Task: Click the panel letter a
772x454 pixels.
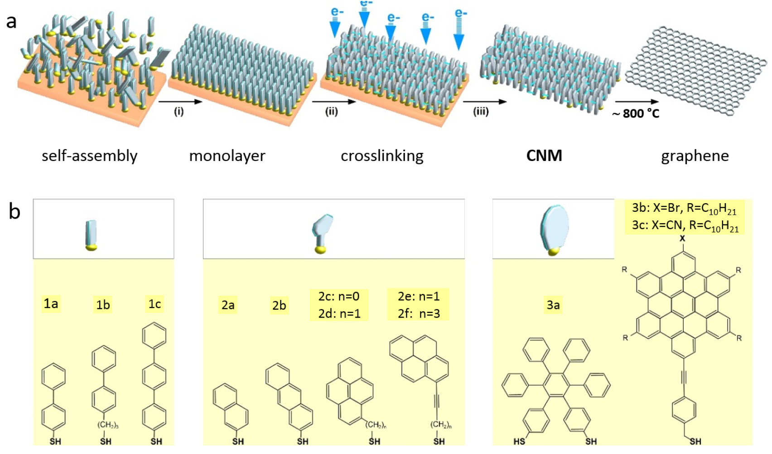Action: [x=11, y=21]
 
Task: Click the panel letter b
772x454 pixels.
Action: [x=14, y=211]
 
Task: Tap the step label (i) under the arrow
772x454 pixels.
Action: [x=179, y=112]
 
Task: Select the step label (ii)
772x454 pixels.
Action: [x=331, y=112]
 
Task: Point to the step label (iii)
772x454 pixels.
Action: [x=481, y=112]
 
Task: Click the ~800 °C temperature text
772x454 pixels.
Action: [x=636, y=113]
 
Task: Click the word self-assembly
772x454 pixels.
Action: [x=90, y=156]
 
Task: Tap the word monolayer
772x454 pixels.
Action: [x=227, y=156]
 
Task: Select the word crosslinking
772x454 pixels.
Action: [x=382, y=156]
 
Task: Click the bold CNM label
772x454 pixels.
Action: [x=544, y=156]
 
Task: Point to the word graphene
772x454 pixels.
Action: [x=695, y=156]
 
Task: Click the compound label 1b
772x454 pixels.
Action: [x=103, y=305]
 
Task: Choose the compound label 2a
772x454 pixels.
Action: [x=228, y=305]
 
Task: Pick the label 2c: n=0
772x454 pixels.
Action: [x=339, y=296]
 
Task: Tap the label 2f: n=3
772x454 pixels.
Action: [x=419, y=313]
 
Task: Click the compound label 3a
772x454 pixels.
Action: [x=553, y=305]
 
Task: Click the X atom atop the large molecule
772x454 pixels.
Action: [x=682, y=239]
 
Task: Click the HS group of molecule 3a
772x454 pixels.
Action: [x=519, y=441]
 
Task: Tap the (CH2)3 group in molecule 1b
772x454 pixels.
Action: [x=107, y=425]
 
